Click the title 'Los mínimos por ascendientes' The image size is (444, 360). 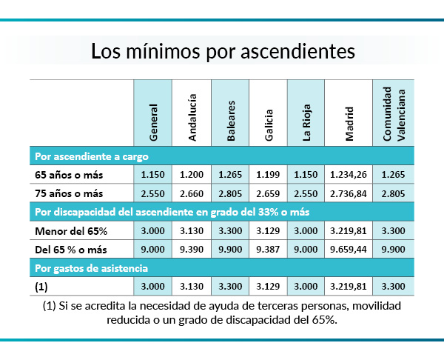click(222, 52)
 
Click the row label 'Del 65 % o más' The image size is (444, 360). click(70, 249)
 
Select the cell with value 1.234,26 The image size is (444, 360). click(346, 175)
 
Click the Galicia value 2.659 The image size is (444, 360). click(268, 193)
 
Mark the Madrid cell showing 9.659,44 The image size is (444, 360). click(346, 249)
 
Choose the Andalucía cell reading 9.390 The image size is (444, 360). click(191, 249)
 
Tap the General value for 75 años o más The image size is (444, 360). click(152, 193)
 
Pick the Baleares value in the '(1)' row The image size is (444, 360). click(229, 285)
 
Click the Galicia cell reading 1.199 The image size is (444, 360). click(268, 175)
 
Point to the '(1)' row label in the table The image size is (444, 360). click(41, 285)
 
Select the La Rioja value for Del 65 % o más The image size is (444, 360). click(306, 249)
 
